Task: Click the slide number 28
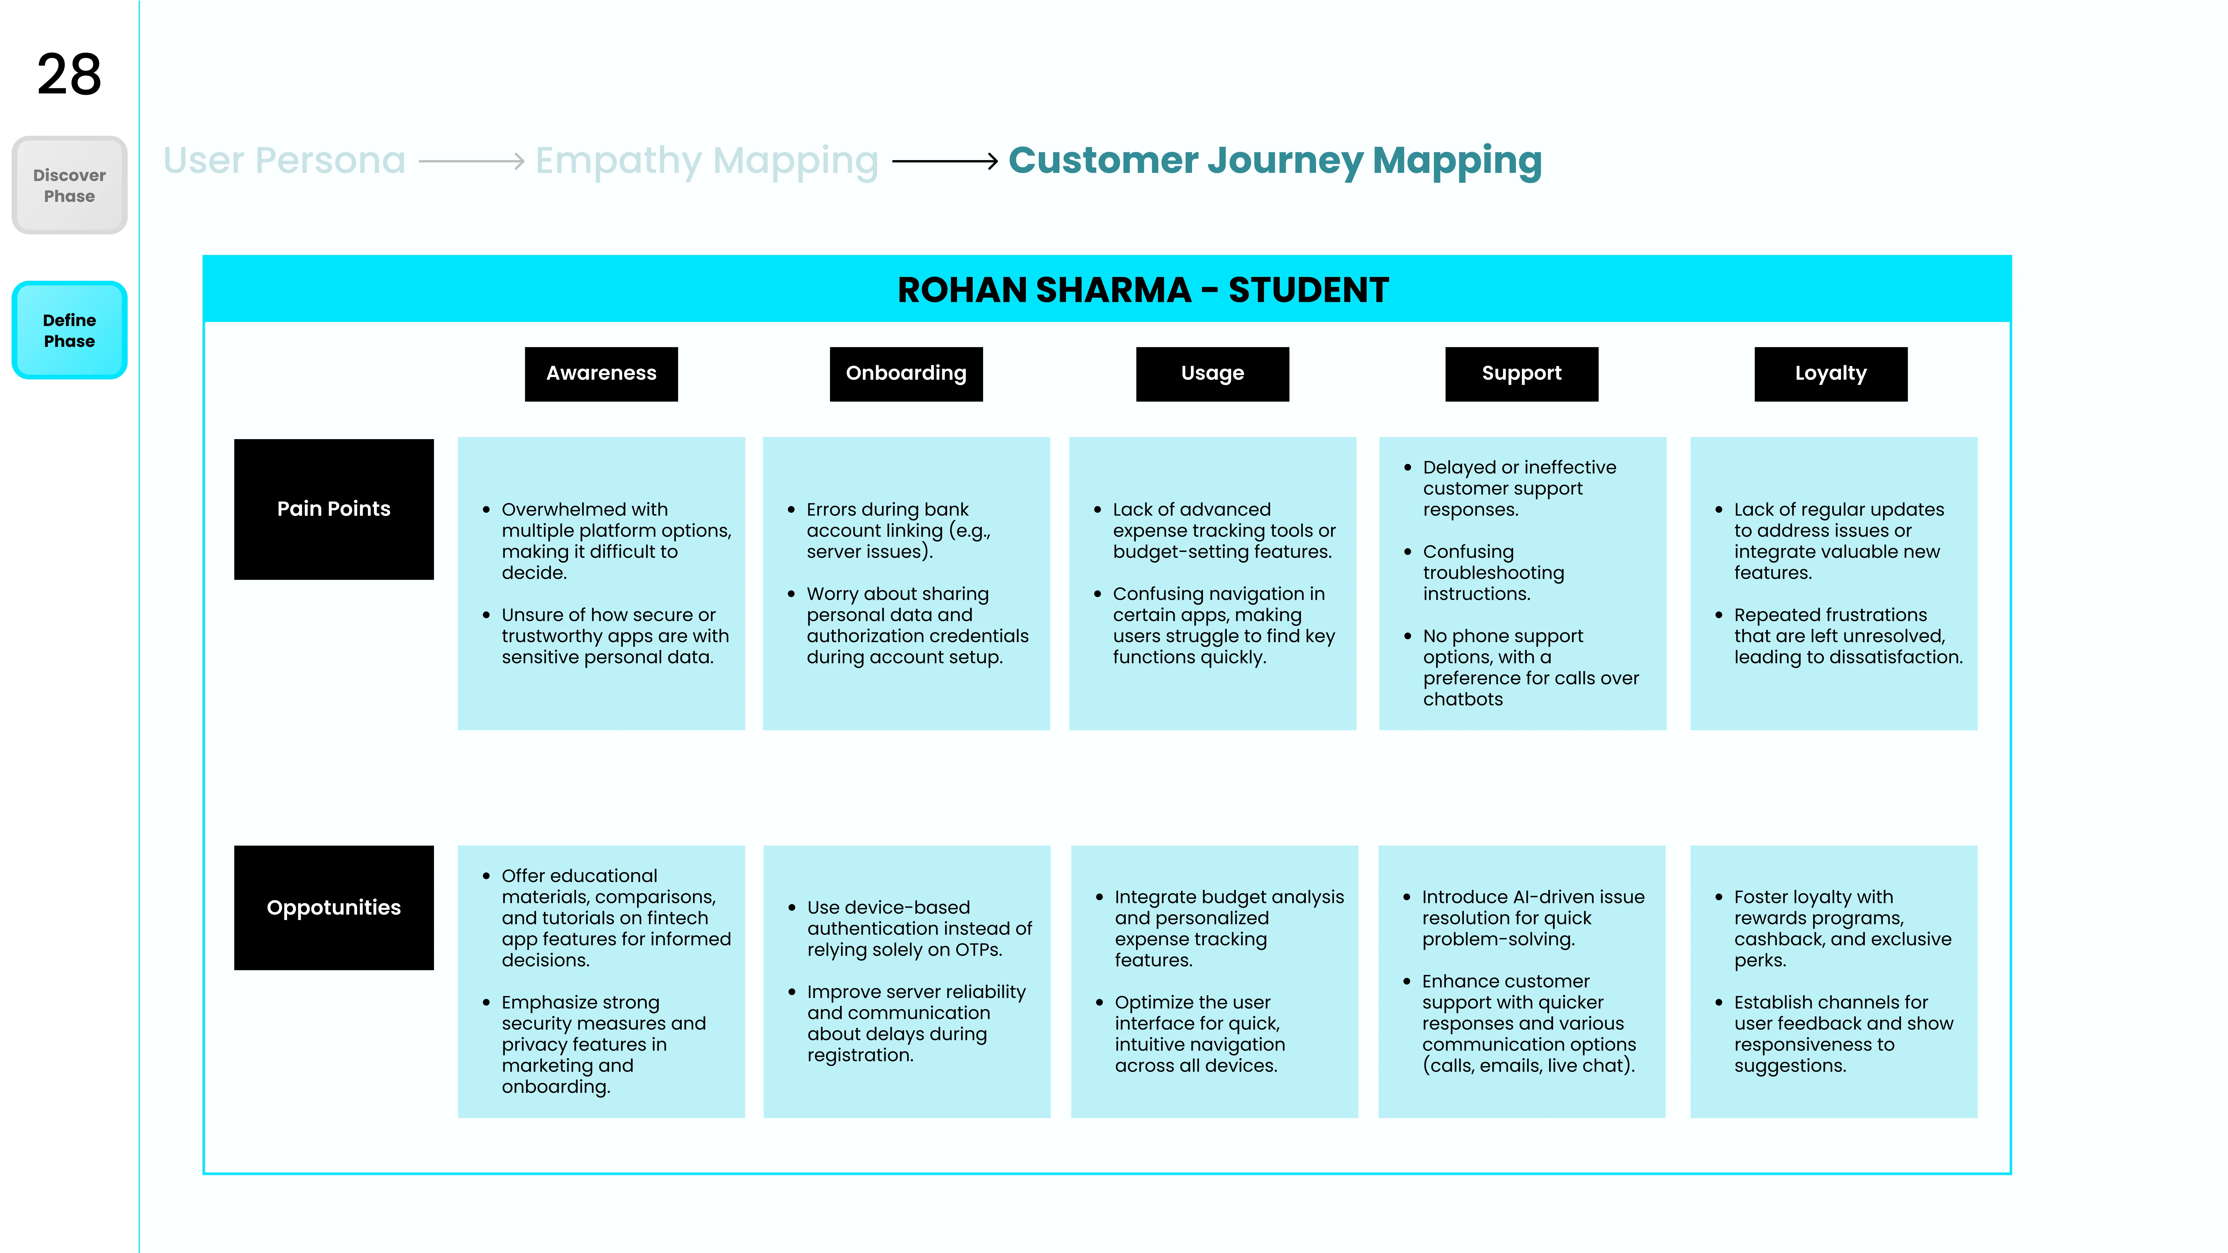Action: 69,74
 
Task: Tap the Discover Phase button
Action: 69,185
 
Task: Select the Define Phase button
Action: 69,330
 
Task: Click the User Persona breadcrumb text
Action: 285,161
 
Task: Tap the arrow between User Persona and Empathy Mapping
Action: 471,161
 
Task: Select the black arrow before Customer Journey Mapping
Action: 945,161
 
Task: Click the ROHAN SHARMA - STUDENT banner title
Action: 1142,290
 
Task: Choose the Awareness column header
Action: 601,374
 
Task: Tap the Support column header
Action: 1521,374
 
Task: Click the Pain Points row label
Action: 334,509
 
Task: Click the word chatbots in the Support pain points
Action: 1462,700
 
